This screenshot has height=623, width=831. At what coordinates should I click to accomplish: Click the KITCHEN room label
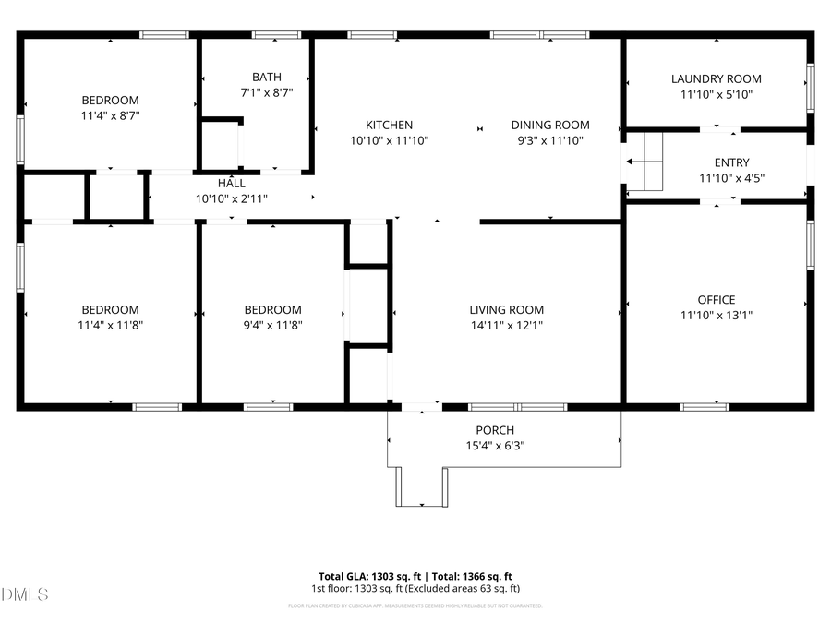point(389,125)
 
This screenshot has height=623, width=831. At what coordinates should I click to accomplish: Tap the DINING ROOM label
point(550,125)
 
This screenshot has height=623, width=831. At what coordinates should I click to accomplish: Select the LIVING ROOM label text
point(506,310)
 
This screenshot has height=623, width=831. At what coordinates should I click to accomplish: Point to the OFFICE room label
point(717,299)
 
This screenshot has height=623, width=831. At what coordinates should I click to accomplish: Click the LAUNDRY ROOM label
point(717,79)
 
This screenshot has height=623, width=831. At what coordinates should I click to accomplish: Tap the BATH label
point(267,78)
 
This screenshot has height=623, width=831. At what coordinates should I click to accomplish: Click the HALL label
point(231,184)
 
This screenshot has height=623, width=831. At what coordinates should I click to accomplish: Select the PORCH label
point(495,430)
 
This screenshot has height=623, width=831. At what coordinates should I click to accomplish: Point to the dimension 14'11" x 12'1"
point(506,325)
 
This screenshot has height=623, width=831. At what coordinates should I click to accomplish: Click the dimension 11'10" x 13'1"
point(717,315)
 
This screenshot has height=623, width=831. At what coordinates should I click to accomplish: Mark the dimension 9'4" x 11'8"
point(272,325)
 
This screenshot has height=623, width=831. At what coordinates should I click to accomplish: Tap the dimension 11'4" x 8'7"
point(110,115)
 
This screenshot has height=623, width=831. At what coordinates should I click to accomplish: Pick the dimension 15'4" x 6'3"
point(495,445)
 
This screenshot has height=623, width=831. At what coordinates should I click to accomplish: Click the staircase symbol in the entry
point(646,161)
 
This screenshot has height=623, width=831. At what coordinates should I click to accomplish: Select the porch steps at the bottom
point(422,486)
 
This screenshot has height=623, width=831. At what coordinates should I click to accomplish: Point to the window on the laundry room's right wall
point(810,87)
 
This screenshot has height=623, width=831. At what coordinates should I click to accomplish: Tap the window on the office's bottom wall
point(705,406)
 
